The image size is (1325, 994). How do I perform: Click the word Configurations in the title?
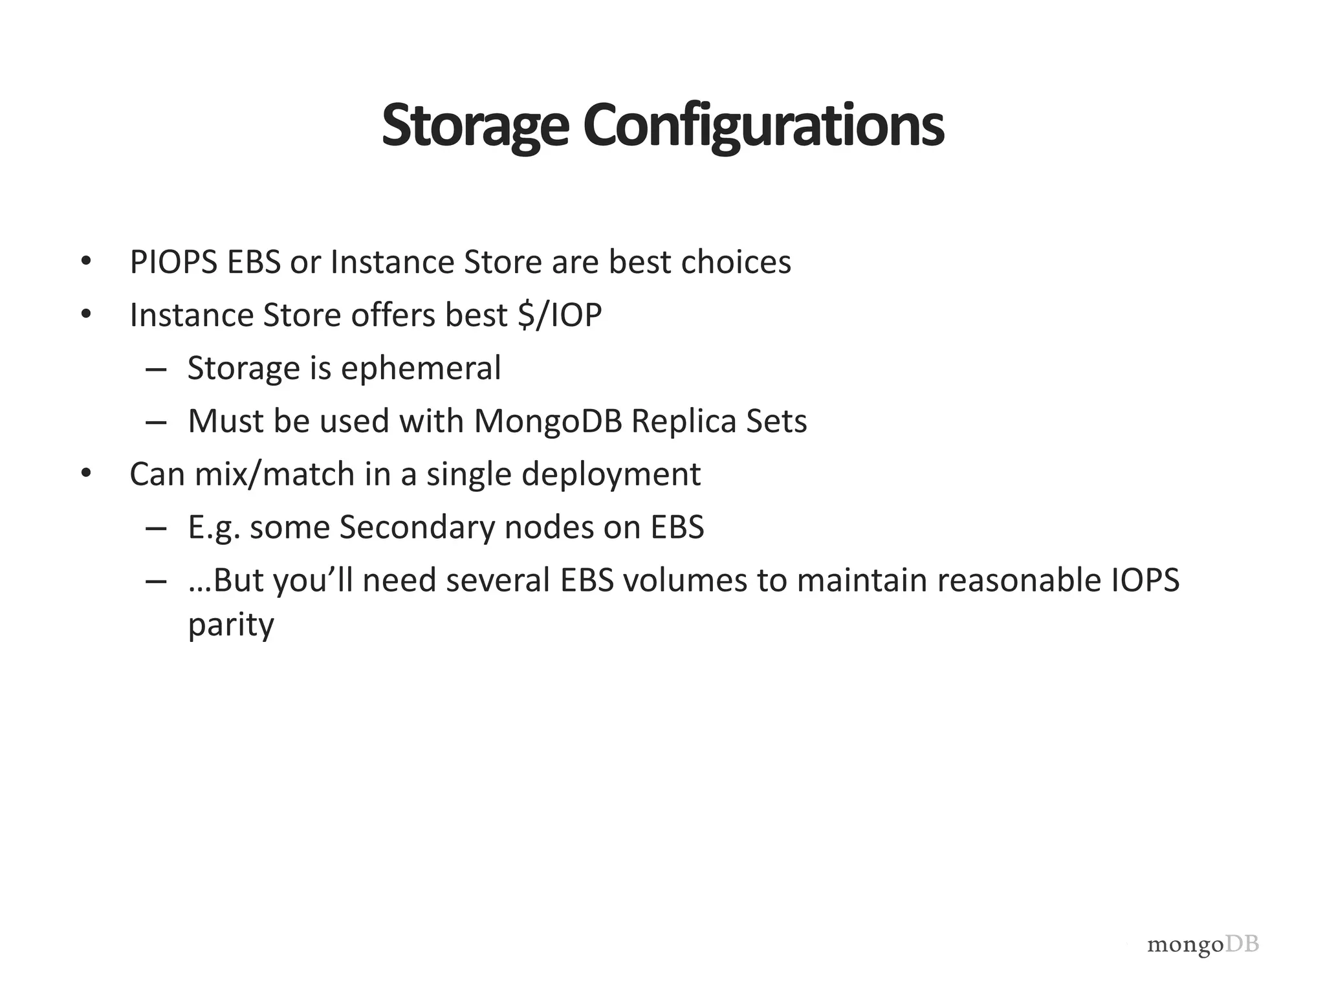(763, 127)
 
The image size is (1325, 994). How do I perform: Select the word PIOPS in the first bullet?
(173, 263)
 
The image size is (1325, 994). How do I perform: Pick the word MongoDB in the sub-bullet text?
(548, 422)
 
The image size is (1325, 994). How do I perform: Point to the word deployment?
(611, 475)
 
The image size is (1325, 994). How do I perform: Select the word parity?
(231, 626)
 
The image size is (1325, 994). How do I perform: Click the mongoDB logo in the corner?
(1203, 945)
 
